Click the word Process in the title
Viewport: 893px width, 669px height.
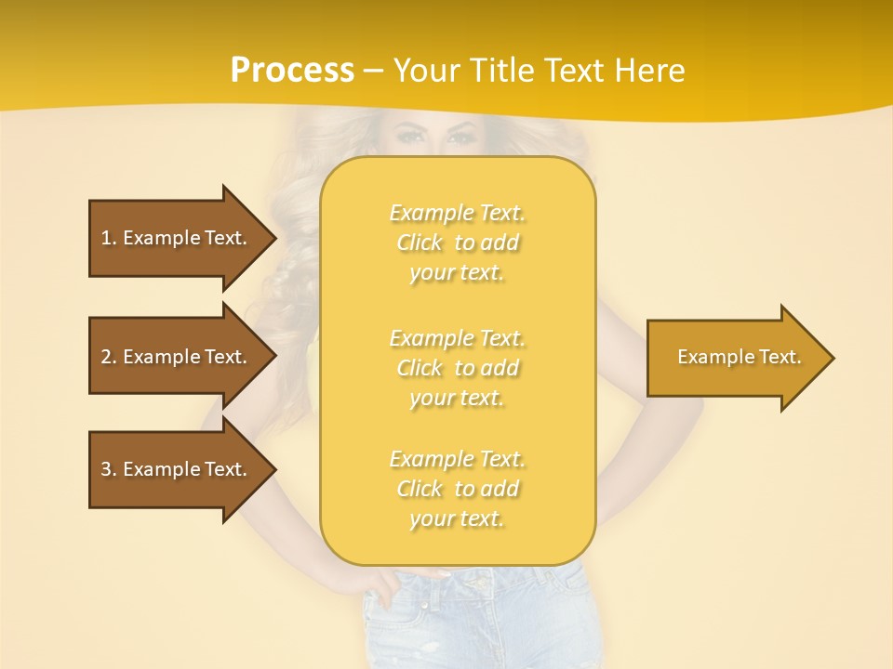pyautogui.click(x=292, y=71)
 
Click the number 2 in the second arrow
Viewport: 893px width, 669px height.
pyautogui.click(x=106, y=357)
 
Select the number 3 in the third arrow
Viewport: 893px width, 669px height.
pyautogui.click(x=106, y=469)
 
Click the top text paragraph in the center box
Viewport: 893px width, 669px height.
pyautogui.click(x=457, y=243)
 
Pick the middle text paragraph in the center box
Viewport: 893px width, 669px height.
pyautogui.click(x=457, y=368)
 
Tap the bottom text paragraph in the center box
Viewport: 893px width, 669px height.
pyautogui.click(x=457, y=489)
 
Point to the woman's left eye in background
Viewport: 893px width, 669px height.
pyautogui.click(x=460, y=137)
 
